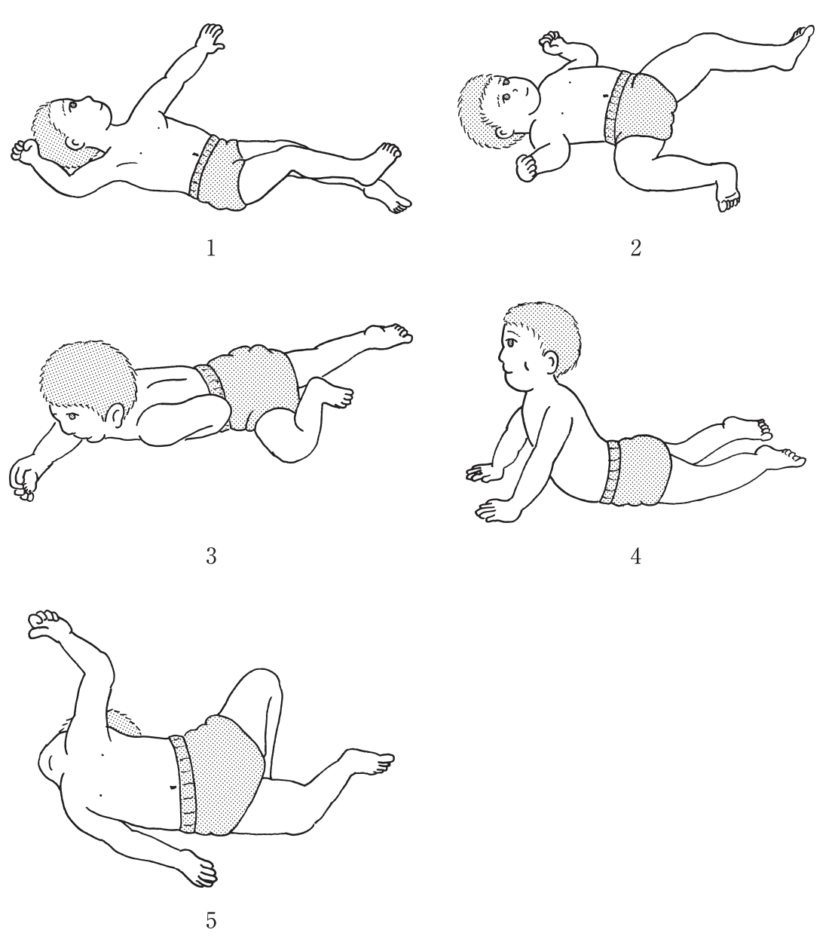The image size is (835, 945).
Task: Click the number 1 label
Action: (211, 248)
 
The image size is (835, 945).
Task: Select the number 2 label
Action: (636, 248)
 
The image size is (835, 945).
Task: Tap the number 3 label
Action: (211, 556)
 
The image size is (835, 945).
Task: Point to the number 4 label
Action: (636, 556)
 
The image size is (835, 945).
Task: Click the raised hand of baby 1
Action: (211, 38)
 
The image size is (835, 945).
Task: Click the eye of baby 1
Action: (73, 106)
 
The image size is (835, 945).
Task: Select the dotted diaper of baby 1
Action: (217, 173)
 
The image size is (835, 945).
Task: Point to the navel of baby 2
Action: (604, 96)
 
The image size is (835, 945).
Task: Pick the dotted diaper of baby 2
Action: (639, 109)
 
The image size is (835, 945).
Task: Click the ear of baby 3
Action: (117, 415)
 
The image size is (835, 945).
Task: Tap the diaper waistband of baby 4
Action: (612, 472)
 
